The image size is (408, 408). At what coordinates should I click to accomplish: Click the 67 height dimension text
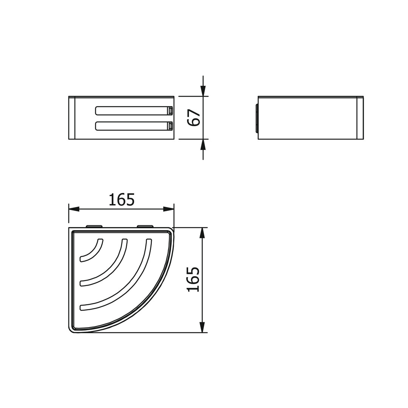[x=194, y=117]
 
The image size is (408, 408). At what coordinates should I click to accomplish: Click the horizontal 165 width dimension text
[x=122, y=199]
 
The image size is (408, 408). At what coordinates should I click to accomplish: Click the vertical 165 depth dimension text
[x=193, y=279]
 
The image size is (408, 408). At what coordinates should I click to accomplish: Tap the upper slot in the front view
[x=134, y=111]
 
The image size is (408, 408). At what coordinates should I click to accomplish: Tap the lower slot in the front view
[x=134, y=126]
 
